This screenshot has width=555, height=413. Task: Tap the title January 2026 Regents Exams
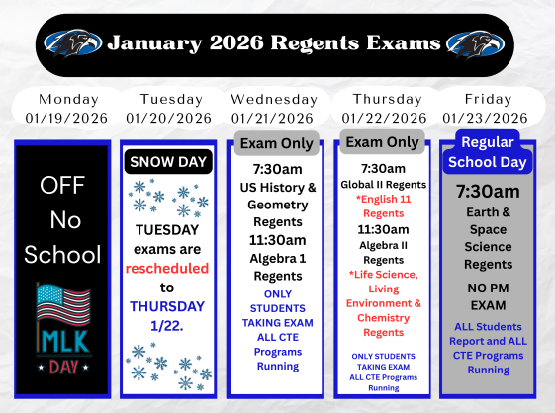pyautogui.click(x=274, y=43)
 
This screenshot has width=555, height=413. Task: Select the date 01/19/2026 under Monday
pyautogui.click(x=67, y=119)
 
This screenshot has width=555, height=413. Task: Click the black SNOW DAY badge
pyautogui.click(x=168, y=161)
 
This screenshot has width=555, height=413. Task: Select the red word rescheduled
pyautogui.click(x=167, y=268)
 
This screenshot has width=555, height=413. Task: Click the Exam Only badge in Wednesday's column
pyautogui.click(x=277, y=144)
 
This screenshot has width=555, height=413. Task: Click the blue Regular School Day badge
pyautogui.click(x=488, y=151)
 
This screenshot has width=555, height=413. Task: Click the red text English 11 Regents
pyautogui.click(x=382, y=206)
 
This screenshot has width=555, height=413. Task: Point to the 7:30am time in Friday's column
pyautogui.click(x=488, y=190)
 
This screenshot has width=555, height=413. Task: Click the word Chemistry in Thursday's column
pyautogui.click(x=382, y=318)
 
